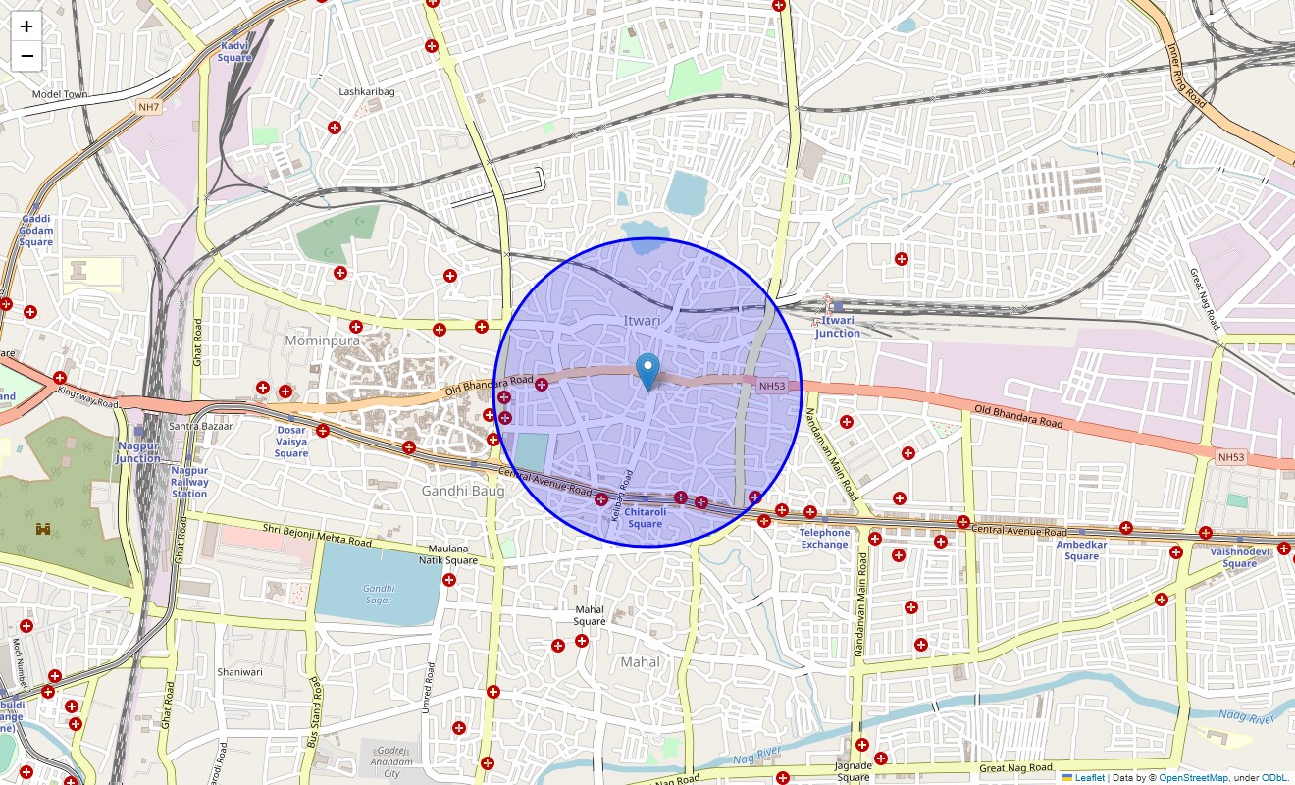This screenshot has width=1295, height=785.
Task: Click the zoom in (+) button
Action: coord(26,27)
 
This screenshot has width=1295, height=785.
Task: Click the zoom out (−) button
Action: coord(26,56)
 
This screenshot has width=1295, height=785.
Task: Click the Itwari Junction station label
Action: coord(837,327)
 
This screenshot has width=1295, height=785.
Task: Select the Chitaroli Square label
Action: coord(645,517)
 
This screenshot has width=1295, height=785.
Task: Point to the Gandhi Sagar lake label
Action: coord(379,594)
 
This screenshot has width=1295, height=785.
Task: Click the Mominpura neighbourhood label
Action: coord(322,340)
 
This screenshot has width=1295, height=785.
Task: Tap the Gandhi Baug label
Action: coord(462,490)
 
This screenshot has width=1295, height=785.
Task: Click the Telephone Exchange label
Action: coord(824,539)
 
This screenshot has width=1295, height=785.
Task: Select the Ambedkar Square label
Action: coord(1081,550)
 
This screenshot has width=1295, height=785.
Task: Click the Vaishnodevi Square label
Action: coord(1239,557)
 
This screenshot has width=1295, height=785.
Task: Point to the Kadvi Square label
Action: coord(234,51)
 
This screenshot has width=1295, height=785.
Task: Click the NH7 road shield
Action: coord(148,106)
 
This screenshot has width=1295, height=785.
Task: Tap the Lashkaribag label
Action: coord(367,91)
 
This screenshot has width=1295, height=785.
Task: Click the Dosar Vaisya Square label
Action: coord(291,442)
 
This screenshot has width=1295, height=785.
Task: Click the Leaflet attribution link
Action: coord(1089,777)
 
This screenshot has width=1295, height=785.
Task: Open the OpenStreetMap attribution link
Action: coord(1193,777)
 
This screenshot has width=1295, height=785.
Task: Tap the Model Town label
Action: coord(60,94)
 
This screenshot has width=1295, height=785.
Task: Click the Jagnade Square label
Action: coord(853,771)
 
